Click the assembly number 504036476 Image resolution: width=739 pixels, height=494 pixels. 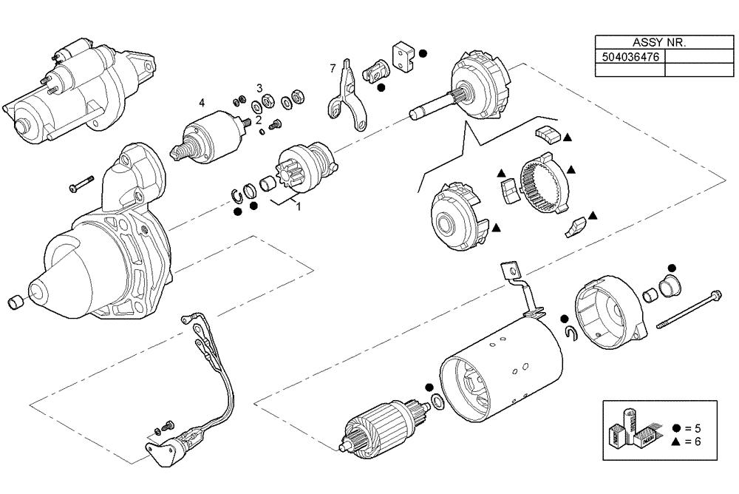coord(630,56)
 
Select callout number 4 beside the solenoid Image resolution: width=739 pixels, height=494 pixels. coord(202,102)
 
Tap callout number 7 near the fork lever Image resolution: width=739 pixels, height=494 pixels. coord(333,69)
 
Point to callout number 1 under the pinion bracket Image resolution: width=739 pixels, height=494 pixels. coord(298,207)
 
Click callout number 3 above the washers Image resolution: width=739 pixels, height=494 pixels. coord(259,88)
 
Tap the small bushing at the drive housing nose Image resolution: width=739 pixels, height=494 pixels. coord(15,302)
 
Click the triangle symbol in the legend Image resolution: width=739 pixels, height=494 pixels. coord(677,441)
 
